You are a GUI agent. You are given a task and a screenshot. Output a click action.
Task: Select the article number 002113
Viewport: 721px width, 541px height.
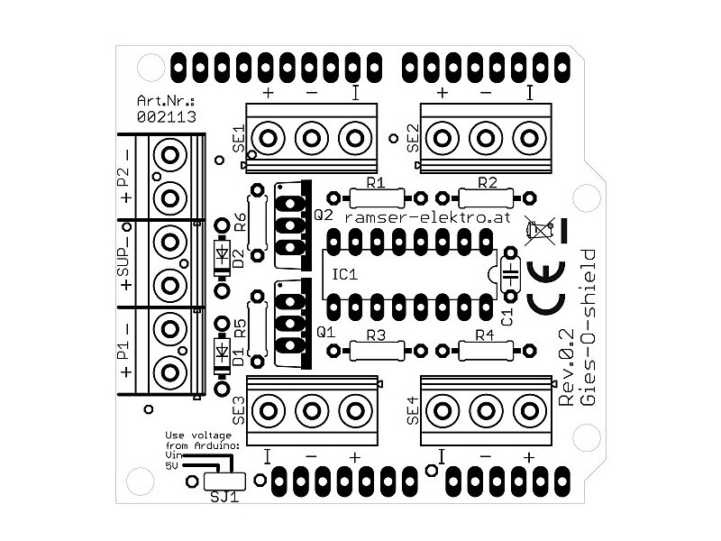tap(167, 116)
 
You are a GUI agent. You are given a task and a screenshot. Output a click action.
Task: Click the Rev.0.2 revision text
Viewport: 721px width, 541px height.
tap(566, 370)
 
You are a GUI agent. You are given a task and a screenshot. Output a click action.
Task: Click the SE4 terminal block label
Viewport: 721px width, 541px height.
tap(414, 411)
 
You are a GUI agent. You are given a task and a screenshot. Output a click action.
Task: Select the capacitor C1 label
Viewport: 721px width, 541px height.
tap(506, 316)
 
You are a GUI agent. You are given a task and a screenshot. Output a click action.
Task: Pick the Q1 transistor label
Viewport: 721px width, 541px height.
tap(326, 332)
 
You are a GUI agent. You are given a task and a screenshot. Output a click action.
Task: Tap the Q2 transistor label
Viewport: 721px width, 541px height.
tap(324, 215)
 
